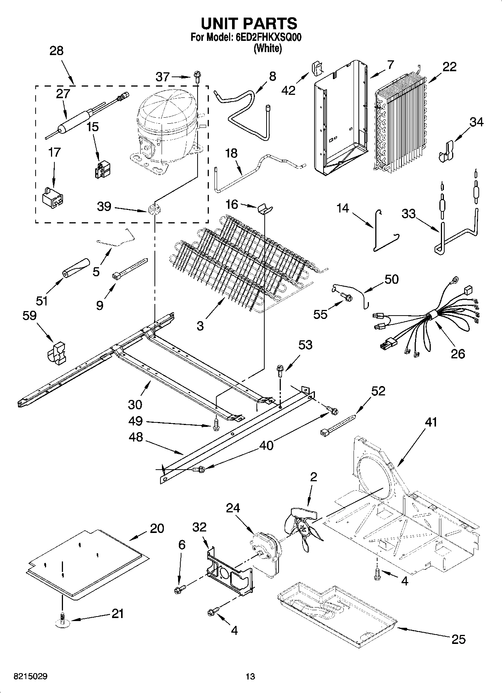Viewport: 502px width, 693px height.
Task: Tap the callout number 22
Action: pos(450,67)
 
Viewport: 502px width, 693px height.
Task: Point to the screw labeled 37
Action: pos(197,78)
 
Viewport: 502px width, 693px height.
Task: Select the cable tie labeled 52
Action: pos(338,424)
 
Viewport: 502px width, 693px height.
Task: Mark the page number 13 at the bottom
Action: pos(250,677)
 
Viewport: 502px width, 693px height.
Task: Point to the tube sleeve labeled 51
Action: pos(76,268)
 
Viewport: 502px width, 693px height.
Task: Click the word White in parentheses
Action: pos(268,48)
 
